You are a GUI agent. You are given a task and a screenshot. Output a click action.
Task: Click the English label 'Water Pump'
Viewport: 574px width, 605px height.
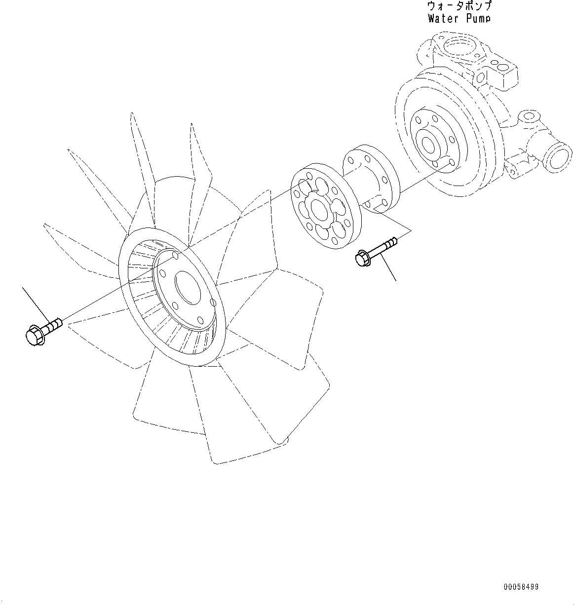(x=459, y=19)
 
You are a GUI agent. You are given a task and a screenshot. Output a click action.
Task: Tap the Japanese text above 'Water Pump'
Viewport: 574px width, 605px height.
(x=459, y=6)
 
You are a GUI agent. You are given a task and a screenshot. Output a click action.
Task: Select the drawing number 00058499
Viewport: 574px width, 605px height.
(x=521, y=587)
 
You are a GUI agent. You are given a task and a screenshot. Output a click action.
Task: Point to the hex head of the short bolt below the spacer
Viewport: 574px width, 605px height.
(x=360, y=258)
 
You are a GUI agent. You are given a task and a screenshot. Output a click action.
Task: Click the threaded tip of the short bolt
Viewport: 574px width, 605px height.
(x=392, y=241)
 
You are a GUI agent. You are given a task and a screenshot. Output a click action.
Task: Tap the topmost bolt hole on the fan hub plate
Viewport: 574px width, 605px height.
(x=174, y=257)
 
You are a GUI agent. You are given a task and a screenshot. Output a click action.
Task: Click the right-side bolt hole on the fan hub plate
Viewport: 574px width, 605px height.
(x=212, y=302)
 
